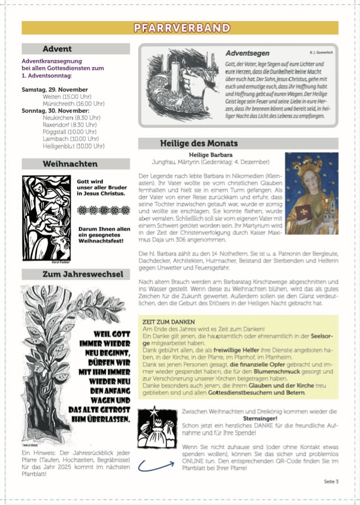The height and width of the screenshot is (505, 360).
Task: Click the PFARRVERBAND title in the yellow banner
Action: click(x=181, y=28)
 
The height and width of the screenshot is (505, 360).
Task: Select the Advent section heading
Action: click(x=57, y=49)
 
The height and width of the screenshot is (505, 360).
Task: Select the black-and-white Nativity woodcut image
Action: click(x=46, y=209)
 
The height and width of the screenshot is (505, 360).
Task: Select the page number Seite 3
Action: click(x=331, y=481)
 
